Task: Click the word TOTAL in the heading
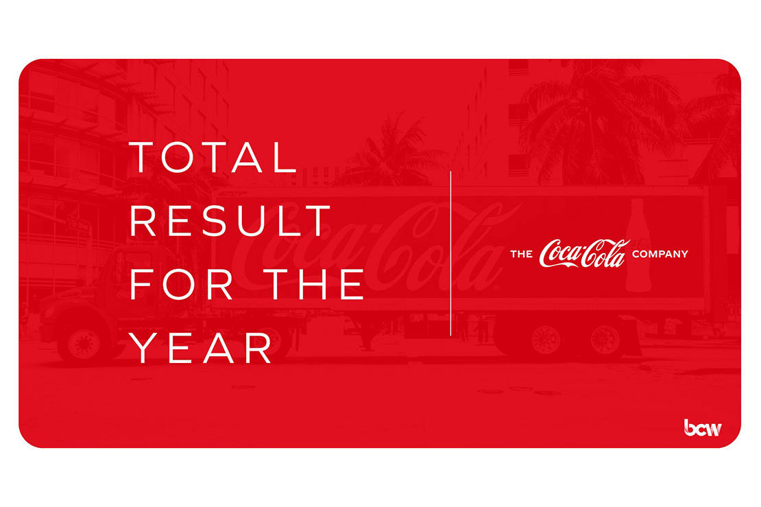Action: pos(213,157)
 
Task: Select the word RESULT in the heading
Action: pos(230,220)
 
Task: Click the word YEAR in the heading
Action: pos(200,348)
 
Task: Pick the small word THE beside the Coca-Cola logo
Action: pos(521,254)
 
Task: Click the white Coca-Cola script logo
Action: pos(584,253)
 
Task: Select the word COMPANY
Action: pos(660,254)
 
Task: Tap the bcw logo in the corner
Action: pos(702,427)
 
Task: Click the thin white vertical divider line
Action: pos(451,253)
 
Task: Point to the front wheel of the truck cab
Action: pos(83,342)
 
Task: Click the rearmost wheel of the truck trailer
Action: pos(605,340)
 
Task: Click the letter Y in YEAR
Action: pos(143,348)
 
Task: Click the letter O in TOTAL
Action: pos(177,157)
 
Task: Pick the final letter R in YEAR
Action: pos(258,348)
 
